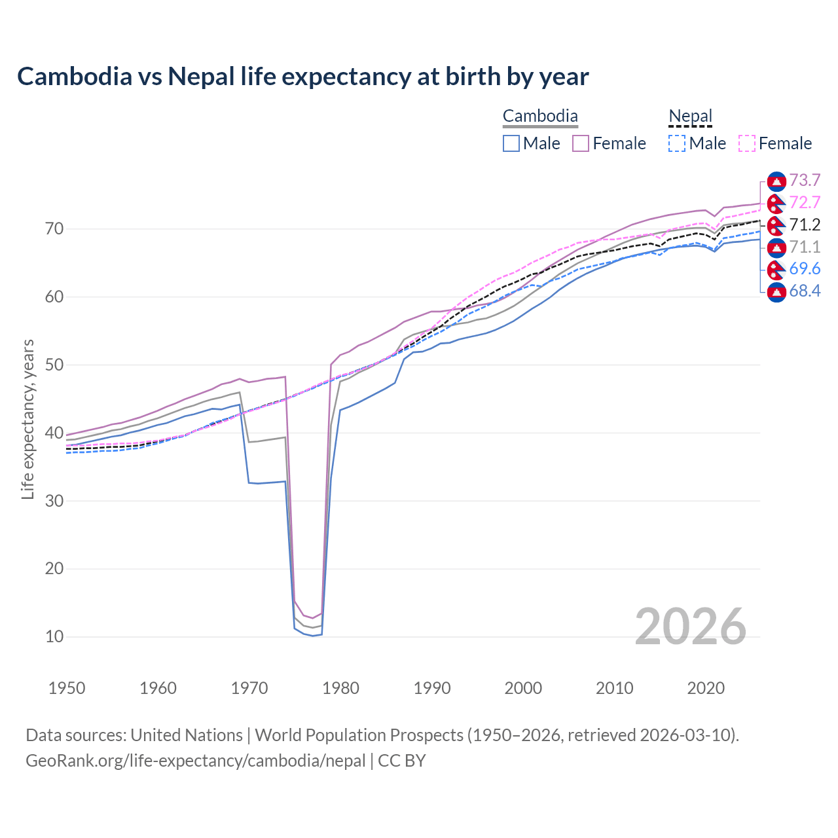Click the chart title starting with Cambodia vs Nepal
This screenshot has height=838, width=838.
point(302,77)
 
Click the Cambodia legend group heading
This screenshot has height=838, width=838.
point(540,117)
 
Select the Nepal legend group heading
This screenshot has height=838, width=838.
point(690,117)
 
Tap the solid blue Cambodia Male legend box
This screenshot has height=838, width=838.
point(511,143)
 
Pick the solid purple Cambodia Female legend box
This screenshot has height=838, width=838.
point(581,143)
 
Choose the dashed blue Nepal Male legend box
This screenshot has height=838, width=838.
point(677,143)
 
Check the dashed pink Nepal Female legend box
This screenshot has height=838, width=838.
point(746,143)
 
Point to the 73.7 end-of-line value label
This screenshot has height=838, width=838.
point(805,181)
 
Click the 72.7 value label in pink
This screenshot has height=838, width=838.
point(805,202)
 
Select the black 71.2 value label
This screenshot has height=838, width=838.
point(805,225)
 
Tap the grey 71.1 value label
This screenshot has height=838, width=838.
point(805,247)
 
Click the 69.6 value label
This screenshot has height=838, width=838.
point(805,268)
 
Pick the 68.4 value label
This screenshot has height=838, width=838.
point(805,291)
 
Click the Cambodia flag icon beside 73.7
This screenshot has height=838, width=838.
point(776,181)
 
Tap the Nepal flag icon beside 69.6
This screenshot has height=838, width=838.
point(776,268)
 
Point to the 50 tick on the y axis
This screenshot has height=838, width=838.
point(54,365)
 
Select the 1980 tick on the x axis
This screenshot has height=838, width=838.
point(341,688)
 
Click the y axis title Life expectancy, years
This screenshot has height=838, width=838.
point(27,419)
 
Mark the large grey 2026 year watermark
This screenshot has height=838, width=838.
point(690,627)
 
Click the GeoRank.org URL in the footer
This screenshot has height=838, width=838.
point(195,761)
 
